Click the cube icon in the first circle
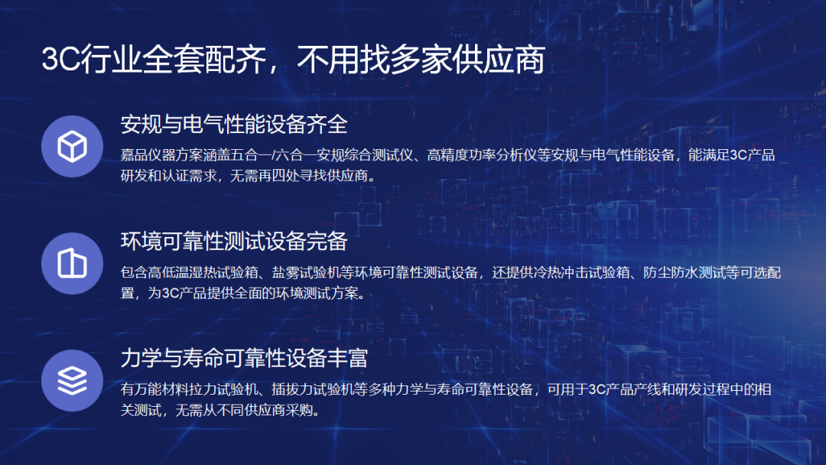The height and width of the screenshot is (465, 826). (x=72, y=146)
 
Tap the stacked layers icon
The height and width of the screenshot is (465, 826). (x=72, y=380)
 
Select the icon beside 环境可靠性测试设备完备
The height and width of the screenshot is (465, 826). (x=72, y=263)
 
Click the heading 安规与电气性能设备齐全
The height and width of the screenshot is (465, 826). (x=234, y=125)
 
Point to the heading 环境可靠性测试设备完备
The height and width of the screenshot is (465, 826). (x=234, y=241)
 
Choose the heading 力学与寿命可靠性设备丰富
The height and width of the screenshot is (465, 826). (x=244, y=358)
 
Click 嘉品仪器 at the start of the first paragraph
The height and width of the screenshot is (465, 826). (x=148, y=154)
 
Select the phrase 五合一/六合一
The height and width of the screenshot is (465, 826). (x=274, y=154)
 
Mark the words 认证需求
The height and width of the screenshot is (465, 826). (x=189, y=175)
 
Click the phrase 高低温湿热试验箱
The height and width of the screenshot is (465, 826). (x=203, y=272)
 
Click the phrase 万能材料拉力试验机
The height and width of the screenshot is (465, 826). (x=196, y=389)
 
